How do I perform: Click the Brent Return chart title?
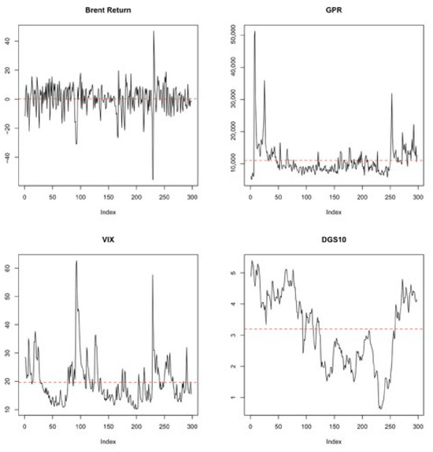pyautogui.click(x=108, y=10)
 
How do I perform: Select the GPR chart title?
pyautogui.click(x=334, y=10)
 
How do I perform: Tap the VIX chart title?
pyautogui.click(x=108, y=239)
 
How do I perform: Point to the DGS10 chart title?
pyautogui.click(x=334, y=239)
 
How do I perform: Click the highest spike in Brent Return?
pyautogui.click(x=154, y=31)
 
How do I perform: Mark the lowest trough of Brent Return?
pyautogui.click(x=153, y=180)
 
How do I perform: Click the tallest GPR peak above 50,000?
pyautogui.click(x=254, y=31)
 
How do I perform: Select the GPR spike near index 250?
pyautogui.click(x=391, y=94)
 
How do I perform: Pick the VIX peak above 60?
pyautogui.click(x=76, y=261)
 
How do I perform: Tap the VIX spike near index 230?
pyautogui.click(x=153, y=276)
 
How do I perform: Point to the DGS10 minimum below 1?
pyautogui.click(x=380, y=409)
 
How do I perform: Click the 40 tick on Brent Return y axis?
pyautogui.click(x=8, y=41)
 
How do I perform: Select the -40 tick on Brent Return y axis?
pyautogui.click(x=8, y=157)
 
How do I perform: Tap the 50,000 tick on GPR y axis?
pyautogui.click(x=233, y=35)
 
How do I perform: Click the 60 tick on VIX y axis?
pyautogui.click(x=8, y=268)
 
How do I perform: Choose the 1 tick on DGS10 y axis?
pyautogui.click(x=233, y=397)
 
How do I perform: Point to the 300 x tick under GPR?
pyautogui.click(x=418, y=197)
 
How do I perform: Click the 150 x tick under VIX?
pyautogui.click(x=109, y=426)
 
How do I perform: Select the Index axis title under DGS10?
pyautogui.click(x=334, y=441)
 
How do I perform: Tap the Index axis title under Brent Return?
pyautogui.click(x=108, y=212)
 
